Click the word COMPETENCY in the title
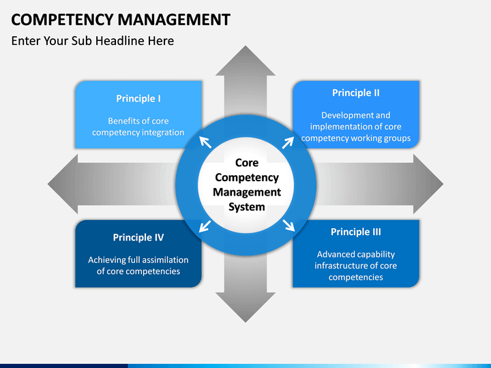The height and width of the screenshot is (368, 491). point(62,19)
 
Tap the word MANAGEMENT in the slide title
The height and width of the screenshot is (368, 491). point(174,19)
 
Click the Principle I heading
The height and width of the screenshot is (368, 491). point(138,99)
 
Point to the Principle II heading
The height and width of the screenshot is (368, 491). point(356,93)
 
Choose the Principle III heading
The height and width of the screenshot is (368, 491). point(356,232)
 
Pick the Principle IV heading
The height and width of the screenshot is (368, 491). point(138,238)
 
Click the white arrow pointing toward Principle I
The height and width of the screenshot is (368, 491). point(205,142)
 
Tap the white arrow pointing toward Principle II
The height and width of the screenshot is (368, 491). point(288,142)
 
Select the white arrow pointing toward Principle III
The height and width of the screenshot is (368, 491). point(288,226)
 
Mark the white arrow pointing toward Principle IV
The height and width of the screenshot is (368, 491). point(205,226)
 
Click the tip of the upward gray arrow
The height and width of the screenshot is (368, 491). point(245,46)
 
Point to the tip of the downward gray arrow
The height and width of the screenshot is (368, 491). point(245,322)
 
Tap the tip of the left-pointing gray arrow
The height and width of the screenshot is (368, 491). point(48,184)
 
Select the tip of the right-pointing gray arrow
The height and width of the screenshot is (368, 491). point(443,184)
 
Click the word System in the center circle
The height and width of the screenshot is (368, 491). point(247,207)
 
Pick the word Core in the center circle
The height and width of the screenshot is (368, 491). point(247,163)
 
